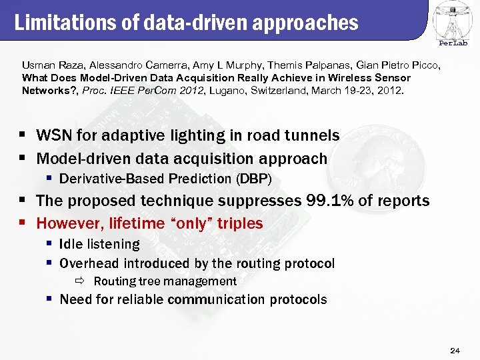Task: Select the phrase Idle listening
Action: click(x=99, y=245)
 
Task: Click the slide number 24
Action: click(x=455, y=349)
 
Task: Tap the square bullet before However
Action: click(x=24, y=223)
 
